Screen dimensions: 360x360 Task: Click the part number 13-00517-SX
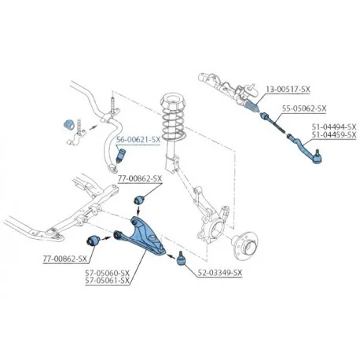[288, 90]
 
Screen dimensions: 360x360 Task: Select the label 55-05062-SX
[304, 108]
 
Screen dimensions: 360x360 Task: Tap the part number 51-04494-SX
[334, 127]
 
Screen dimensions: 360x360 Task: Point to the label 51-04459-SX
[334, 134]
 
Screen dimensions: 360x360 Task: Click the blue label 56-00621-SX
[138, 140]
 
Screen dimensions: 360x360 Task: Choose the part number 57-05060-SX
[108, 273]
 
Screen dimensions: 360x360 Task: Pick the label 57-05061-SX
[108, 281]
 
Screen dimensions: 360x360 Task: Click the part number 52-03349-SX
[220, 273]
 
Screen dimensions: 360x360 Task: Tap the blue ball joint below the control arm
[181, 259]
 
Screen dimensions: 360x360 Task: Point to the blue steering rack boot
[252, 106]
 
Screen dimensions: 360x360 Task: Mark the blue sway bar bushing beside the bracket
[69, 125]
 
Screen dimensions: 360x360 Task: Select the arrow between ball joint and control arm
[171, 256]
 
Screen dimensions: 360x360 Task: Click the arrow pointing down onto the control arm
[138, 210]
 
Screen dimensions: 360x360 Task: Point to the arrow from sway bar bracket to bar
[93, 127]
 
